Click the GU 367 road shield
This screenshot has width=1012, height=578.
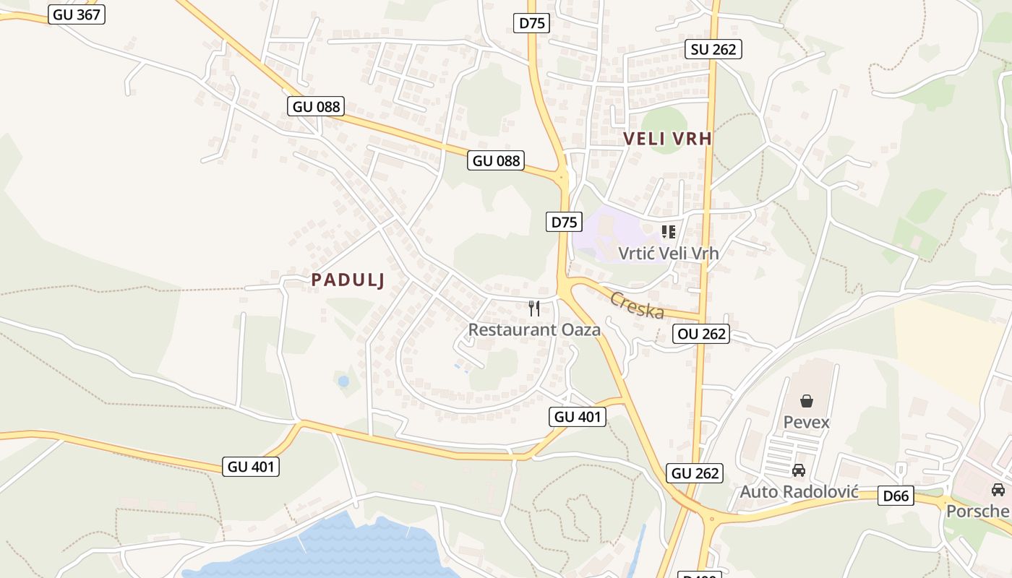pos(77,14)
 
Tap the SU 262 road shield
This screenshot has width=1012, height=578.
pos(713,48)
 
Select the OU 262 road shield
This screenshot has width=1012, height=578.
pos(701,334)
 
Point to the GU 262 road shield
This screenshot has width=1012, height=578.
pos(695,473)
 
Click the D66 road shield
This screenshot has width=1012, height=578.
pos(896,496)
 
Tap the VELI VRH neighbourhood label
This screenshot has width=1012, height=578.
pos(667,139)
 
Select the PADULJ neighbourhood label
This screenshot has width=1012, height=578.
pos(348,280)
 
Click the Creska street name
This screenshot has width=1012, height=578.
pos(637,304)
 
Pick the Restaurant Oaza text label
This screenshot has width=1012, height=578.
pos(534,329)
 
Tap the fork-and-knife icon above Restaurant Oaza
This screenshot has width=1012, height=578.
pos(534,309)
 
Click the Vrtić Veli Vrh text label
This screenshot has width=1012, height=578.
pos(669,253)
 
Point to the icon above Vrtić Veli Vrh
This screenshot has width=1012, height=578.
pos(669,232)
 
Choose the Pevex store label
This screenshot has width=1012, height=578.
pos(807,422)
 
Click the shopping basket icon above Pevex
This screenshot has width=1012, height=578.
pos(807,401)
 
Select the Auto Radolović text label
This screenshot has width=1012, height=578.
pos(799,492)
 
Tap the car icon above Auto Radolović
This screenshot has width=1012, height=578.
pos(799,470)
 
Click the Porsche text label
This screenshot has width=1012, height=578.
pos(978,511)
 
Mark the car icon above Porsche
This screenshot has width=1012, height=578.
pos(998,490)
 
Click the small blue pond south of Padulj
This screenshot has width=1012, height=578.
pos(343,381)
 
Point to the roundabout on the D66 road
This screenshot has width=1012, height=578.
pos(711,517)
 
